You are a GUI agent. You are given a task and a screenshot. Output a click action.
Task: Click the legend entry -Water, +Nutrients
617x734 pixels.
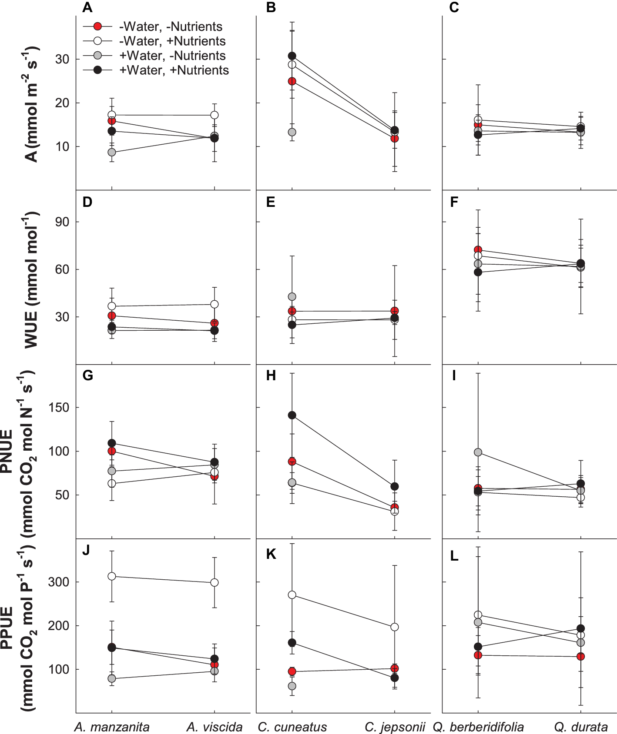pyautogui.click(x=172, y=41)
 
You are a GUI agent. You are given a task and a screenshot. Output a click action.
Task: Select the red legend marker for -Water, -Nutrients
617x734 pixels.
pyautogui.click(x=97, y=27)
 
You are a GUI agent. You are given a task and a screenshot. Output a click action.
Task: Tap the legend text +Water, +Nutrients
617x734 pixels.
pyautogui.click(x=174, y=70)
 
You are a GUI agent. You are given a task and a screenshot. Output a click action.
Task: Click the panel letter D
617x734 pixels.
pyautogui.click(x=87, y=203)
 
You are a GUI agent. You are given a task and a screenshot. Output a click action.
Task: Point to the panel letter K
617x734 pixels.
pyautogui.click(x=271, y=554)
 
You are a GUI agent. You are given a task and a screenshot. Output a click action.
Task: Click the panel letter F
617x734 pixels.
pyautogui.click(x=454, y=203)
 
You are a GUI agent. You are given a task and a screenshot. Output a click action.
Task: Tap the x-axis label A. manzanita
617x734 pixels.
pyautogui.click(x=112, y=727)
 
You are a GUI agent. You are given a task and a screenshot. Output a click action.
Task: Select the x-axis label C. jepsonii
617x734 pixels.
pyautogui.click(x=394, y=727)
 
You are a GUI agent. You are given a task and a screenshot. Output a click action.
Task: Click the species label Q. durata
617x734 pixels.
pyautogui.click(x=580, y=727)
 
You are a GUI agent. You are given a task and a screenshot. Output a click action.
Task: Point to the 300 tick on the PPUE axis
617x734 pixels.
pyautogui.click(x=59, y=582)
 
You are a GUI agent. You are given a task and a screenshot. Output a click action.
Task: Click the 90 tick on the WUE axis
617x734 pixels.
pyautogui.click(x=62, y=222)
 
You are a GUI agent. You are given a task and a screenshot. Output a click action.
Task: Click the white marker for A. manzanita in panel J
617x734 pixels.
pyautogui.click(x=112, y=576)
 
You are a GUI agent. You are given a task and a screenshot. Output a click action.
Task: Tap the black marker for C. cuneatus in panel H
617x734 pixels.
pyautogui.click(x=292, y=415)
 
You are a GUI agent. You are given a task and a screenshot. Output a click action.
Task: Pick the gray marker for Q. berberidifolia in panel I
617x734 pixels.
pyautogui.click(x=478, y=452)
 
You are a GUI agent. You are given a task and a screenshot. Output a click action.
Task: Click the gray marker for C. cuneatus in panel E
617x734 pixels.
pyautogui.click(x=292, y=297)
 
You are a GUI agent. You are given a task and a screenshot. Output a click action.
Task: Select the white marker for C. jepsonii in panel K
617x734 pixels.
pyautogui.click(x=395, y=627)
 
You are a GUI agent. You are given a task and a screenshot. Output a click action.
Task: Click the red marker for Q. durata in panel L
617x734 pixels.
pyautogui.click(x=580, y=657)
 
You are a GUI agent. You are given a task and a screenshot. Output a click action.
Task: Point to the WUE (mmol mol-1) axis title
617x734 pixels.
pyautogui.click(x=31, y=280)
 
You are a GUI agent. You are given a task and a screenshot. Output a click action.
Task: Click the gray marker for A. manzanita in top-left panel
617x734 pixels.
pyautogui.click(x=112, y=152)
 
